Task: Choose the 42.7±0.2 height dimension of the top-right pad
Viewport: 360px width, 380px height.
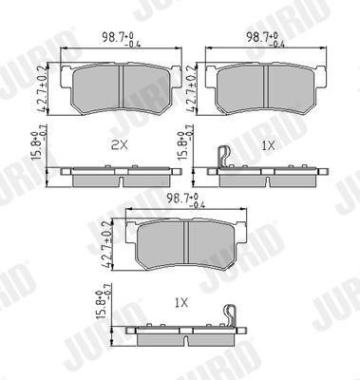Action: point(196,85)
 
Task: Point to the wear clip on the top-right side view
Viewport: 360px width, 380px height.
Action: point(224,156)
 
